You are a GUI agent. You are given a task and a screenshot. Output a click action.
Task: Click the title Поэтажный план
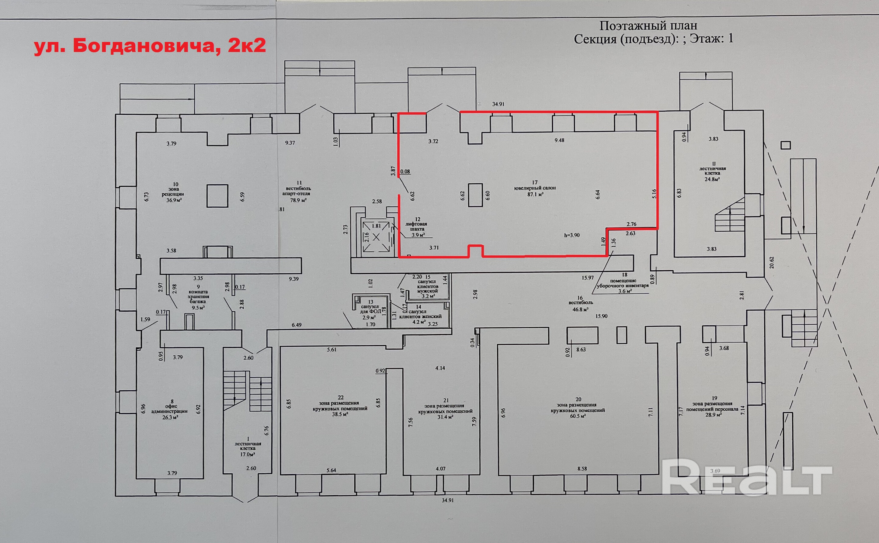648,26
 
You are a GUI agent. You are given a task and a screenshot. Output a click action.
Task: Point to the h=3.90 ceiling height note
572,236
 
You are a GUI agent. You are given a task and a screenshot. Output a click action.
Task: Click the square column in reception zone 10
217,196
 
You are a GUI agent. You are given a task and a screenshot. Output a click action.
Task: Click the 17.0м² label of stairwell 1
248,454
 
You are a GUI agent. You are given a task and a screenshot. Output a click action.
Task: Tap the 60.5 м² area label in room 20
578,416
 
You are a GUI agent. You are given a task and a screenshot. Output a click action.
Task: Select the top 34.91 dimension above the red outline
498,105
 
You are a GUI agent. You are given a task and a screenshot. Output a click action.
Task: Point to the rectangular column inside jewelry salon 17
475,195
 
